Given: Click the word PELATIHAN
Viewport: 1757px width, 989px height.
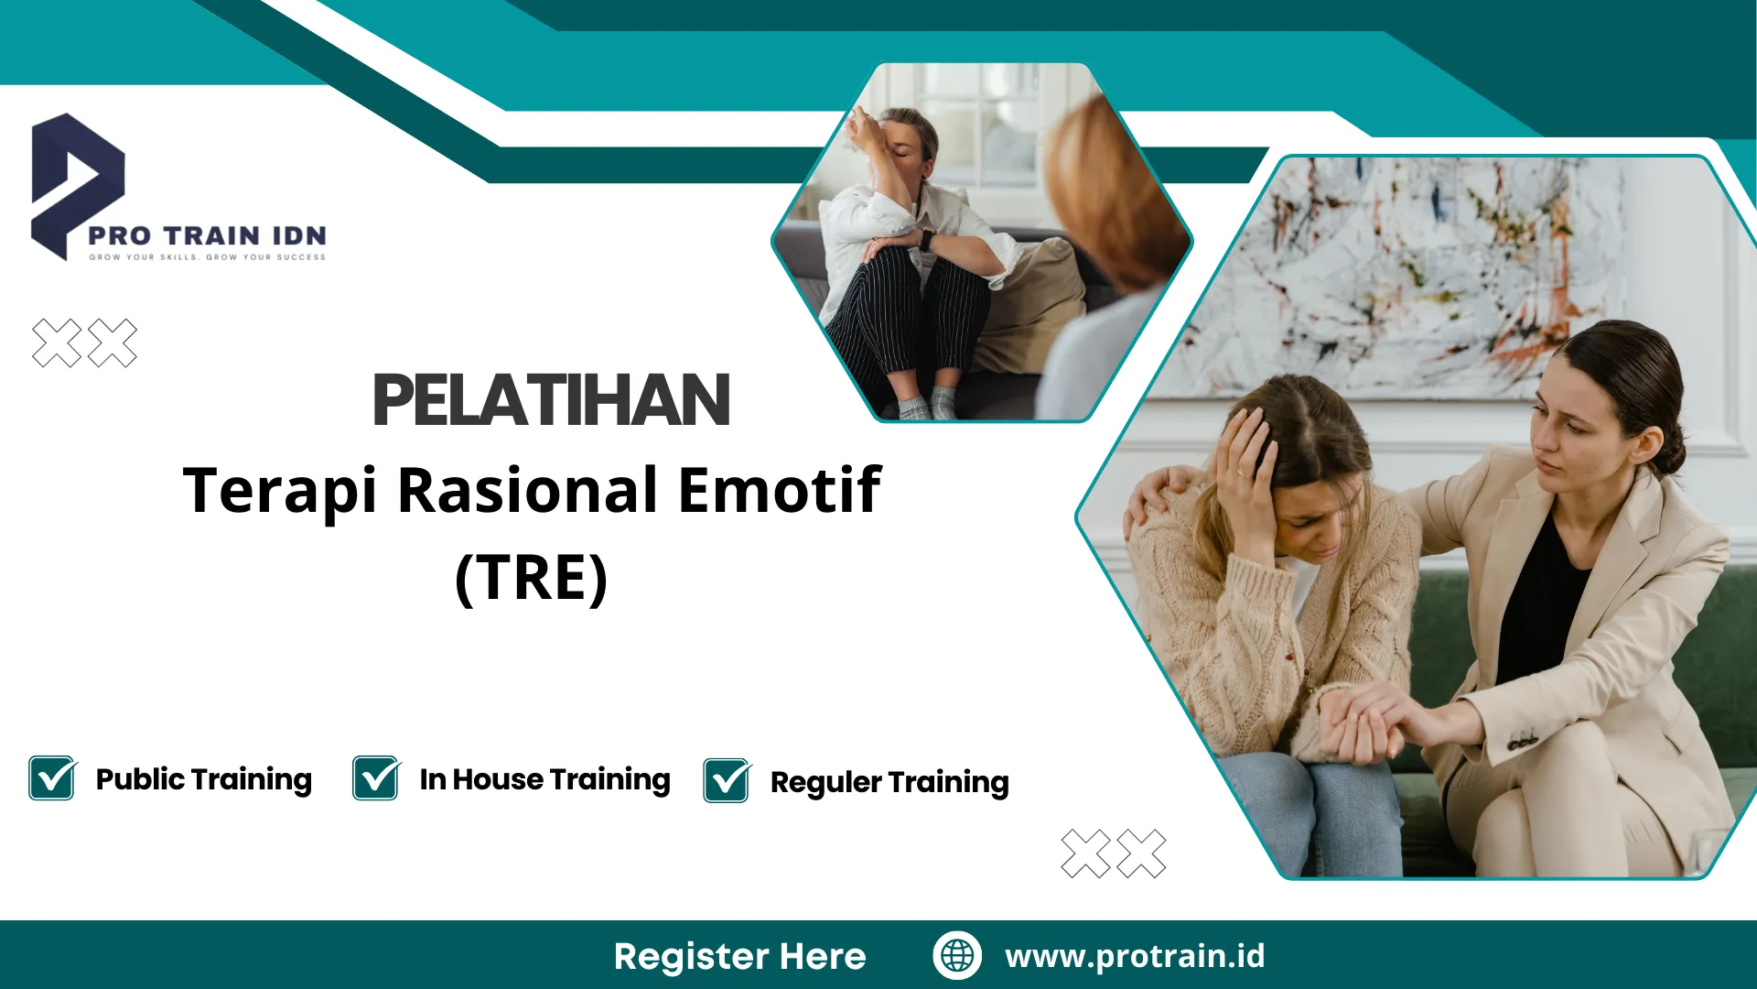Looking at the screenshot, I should [x=550, y=400].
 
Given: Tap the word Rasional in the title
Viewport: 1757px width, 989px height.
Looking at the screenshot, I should [x=527, y=489].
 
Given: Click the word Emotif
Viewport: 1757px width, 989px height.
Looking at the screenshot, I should [x=779, y=489].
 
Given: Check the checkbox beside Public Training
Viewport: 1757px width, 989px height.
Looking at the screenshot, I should [x=52, y=778].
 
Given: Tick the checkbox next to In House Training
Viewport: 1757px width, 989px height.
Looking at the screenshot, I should [x=376, y=778].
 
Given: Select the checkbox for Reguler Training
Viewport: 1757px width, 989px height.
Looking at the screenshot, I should [x=727, y=781].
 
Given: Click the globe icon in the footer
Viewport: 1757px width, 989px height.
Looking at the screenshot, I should [x=957, y=955].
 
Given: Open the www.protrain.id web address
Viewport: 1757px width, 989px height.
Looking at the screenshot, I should [x=1135, y=955].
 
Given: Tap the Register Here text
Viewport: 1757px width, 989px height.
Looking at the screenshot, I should [x=739, y=956].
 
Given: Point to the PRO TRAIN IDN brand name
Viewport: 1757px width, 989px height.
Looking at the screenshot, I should [x=208, y=235].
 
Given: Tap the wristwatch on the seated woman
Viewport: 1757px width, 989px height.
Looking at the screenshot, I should [x=926, y=240].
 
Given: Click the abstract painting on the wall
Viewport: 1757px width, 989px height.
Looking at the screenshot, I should [x=1428, y=275].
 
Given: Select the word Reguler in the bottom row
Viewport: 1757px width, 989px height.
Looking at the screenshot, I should [x=825, y=782].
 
